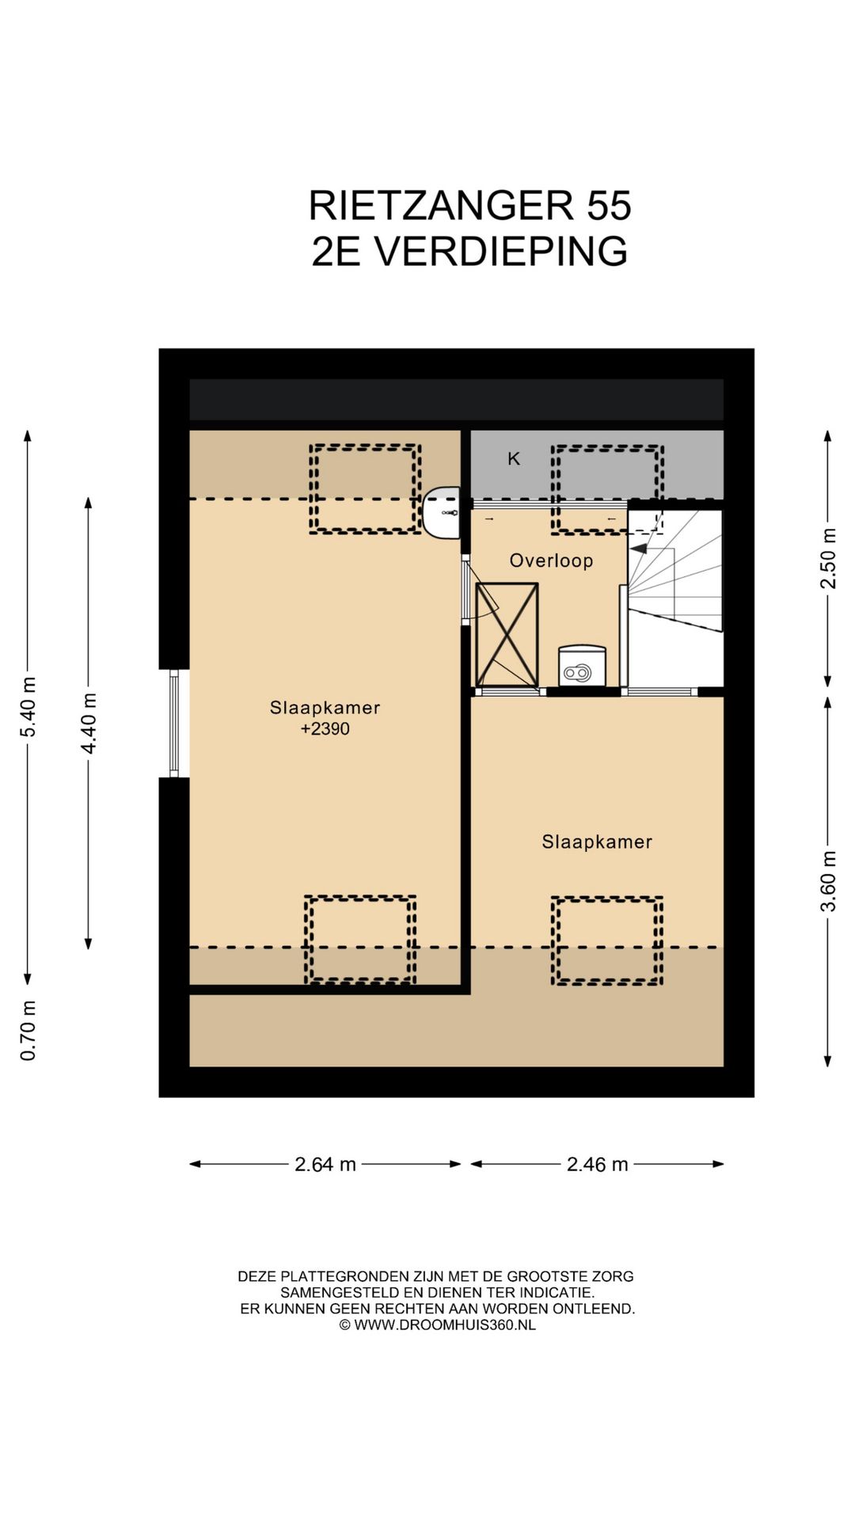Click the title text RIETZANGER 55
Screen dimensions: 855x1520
coord(469,206)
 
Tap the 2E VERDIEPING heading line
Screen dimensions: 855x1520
coord(469,251)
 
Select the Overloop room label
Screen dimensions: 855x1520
coord(551,560)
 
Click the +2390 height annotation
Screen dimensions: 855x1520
coord(325,728)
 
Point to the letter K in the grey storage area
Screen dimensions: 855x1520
coord(514,458)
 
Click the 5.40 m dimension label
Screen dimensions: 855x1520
coord(28,707)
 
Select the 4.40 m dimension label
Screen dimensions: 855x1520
coord(89,723)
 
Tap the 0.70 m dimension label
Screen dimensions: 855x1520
coord(28,1030)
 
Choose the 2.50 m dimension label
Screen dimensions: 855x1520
coord(828,558)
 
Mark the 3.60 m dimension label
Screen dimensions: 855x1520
coord(828,881)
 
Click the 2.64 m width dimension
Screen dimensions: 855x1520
coord(325,1164)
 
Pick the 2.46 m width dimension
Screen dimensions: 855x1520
coord(597,1164)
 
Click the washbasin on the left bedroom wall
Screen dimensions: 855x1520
coord(441,512)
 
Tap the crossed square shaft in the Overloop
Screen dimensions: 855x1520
coord(507,635)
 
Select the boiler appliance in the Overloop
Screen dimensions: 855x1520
coord(582,665)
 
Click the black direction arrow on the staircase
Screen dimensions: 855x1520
coord(638,548)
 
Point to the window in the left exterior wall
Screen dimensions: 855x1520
coord(174,723)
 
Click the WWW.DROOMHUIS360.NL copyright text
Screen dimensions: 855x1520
coord(438,1324)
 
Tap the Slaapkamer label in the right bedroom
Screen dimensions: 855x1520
coord(597,842)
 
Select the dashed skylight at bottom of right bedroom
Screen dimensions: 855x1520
coord(607,940)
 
